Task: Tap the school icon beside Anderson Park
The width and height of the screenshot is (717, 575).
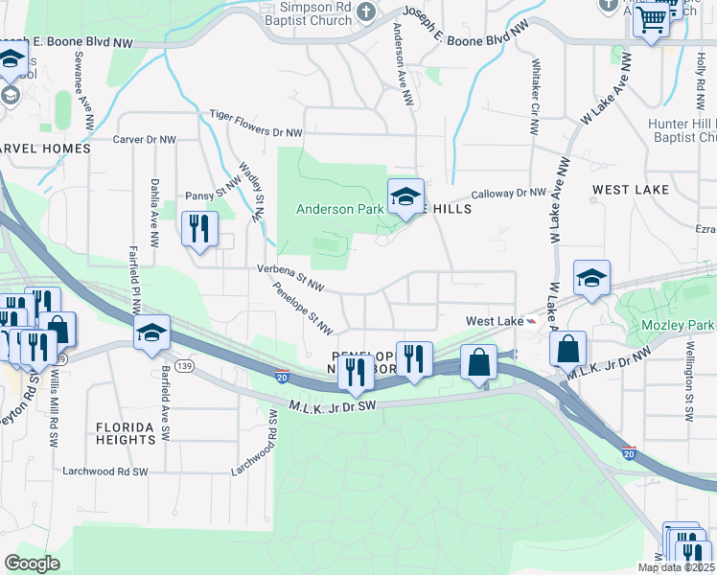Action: [x=405, y=198]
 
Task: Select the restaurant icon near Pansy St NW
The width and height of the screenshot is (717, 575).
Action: [x=199, y=229]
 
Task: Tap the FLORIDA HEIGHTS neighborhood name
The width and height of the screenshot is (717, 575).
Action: [x=126, y=433]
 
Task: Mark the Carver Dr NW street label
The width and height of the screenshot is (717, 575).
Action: [x=145, y=139]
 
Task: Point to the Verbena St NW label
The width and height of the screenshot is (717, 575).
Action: [x=290, y=277]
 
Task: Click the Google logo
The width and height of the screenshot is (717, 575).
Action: [x=32, y=563]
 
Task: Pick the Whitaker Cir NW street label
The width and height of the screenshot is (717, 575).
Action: [x=533, y=100]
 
